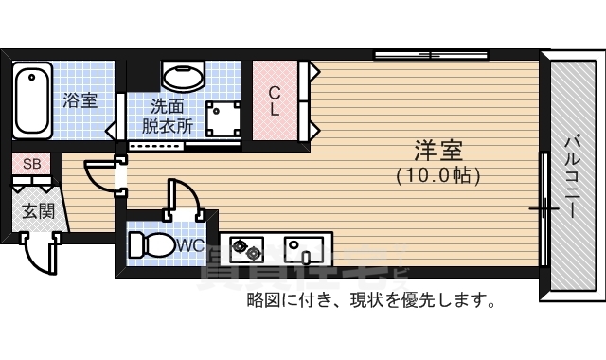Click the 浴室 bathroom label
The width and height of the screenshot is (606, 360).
pos(80,100)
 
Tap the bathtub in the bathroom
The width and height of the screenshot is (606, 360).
pos(33,99)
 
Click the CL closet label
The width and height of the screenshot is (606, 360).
pos(274,100)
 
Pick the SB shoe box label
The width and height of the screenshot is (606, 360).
pos(31,164)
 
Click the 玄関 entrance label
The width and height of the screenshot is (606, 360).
pos(39,209)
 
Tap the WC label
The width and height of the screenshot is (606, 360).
pos(190,245)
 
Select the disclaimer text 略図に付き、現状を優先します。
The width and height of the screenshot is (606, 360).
pos(371,302)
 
